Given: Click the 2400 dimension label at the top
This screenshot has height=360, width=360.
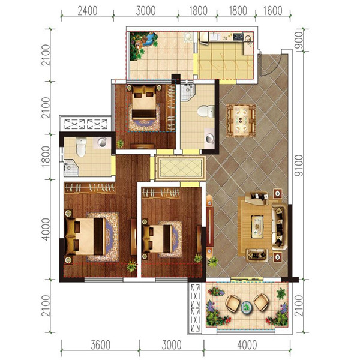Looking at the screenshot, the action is click(x=88, y=11).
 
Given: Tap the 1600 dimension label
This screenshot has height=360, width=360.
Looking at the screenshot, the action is click(x=273, y=11).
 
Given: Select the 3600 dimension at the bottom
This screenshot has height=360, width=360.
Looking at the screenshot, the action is click(x=101, y=345).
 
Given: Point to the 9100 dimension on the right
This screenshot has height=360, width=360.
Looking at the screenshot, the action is click(x=299, y=166).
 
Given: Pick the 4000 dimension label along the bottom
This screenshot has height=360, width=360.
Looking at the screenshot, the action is click(x=247, y=345).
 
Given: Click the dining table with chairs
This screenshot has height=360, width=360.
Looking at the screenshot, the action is click(x=241, y=121).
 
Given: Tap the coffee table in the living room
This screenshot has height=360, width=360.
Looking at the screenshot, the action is click(x=257, y=226).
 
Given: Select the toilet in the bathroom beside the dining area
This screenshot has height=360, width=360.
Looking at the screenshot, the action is click(x=206, y=111).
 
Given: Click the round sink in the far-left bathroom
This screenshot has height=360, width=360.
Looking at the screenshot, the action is click(x=102, y=142).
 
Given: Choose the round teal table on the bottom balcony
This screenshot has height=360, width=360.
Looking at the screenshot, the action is click(x=247, y=307).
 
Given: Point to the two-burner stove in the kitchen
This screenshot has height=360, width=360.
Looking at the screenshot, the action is click(x=238, y=36).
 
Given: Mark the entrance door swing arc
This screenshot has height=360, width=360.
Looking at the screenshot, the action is click(x=271, y=67).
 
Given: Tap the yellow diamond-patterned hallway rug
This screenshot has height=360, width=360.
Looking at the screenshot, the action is click(x=181, y=168).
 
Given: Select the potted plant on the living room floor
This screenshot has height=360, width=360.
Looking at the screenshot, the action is click(x=212, y=262).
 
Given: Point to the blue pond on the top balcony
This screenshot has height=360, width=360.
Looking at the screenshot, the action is click(x=149, y=38).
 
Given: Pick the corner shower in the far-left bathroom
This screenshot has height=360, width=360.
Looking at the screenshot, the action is click(x=71, y=168).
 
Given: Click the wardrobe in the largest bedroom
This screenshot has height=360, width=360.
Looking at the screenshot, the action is click(x=89, y=188).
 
